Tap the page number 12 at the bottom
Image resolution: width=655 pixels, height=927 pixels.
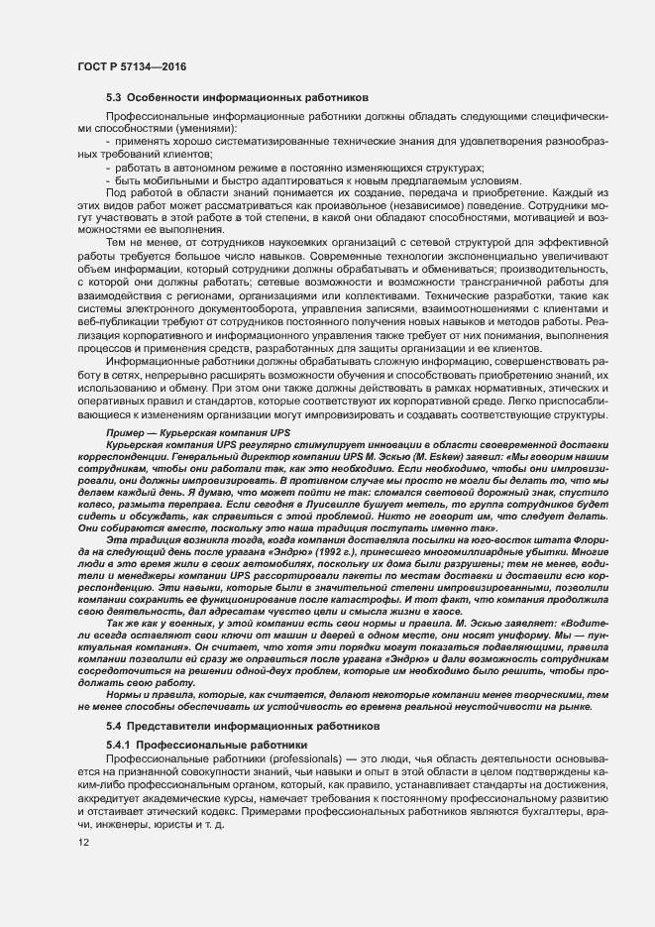pos(83,843)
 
